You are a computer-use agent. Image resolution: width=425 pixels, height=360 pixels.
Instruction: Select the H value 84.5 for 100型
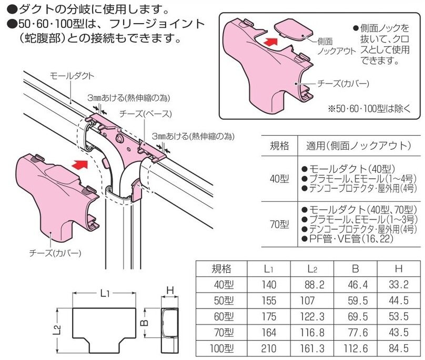pyautogui.click(x=398, y=347)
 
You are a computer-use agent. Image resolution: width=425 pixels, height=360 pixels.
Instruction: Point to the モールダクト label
pyautogui.click(x=72, y=76)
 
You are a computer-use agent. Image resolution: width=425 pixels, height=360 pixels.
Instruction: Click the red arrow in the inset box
pyautogui.click(x=269, y=39)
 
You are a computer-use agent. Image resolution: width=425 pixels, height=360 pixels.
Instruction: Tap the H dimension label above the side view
pyautogui.click(x=169, y=290)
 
